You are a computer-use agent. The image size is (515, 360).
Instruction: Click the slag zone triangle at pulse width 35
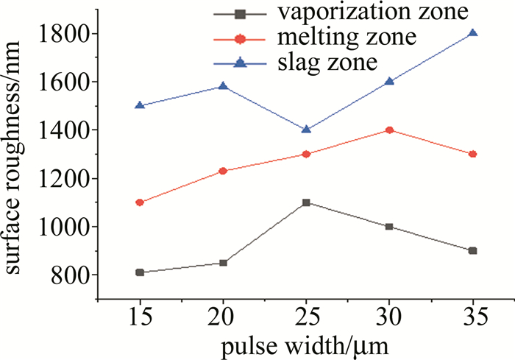[473, 33]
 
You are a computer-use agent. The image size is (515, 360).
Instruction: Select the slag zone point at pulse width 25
[306, 130]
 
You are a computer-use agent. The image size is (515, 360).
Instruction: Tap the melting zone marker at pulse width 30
[389, 130]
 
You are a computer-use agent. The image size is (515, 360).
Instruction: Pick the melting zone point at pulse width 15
[139, 202]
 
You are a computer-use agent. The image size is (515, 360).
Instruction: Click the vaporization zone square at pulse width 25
[306, 202]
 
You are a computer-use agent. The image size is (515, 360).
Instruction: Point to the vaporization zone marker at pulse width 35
[473, 250]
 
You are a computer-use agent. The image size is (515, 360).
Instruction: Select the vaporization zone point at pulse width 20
[223, 263]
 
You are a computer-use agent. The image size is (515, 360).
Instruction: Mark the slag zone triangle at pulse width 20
[223, 86]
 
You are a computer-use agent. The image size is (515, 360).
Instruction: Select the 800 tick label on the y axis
[71, 275]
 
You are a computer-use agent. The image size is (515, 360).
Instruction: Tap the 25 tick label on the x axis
[306, 317]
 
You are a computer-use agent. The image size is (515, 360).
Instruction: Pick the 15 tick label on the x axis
[139, 317]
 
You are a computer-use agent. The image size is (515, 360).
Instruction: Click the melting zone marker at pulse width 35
[473, 154]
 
